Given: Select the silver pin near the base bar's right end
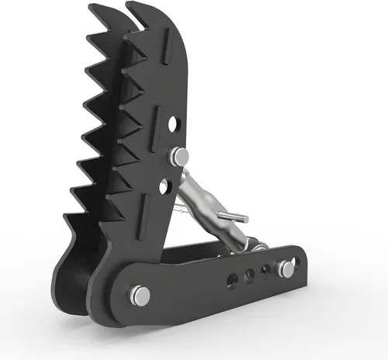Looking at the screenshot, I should (x=286, y=269).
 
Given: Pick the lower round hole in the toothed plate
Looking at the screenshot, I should (x=165, y=185).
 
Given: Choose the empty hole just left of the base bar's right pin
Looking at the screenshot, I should (x=266, y=271).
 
